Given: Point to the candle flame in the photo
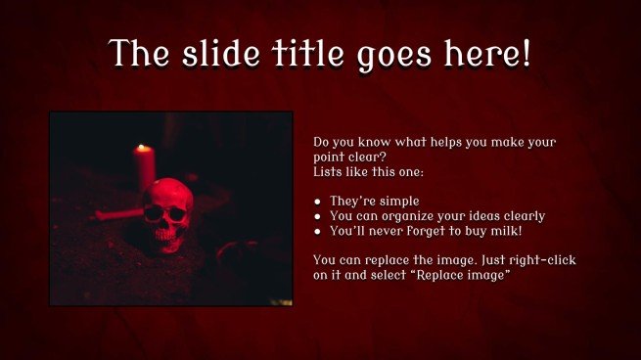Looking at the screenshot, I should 142,149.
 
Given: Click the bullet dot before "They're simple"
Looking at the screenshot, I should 318,202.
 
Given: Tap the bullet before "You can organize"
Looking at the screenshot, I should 318,216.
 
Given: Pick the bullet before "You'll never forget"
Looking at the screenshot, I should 318,231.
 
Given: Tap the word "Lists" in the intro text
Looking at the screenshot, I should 329,171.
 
